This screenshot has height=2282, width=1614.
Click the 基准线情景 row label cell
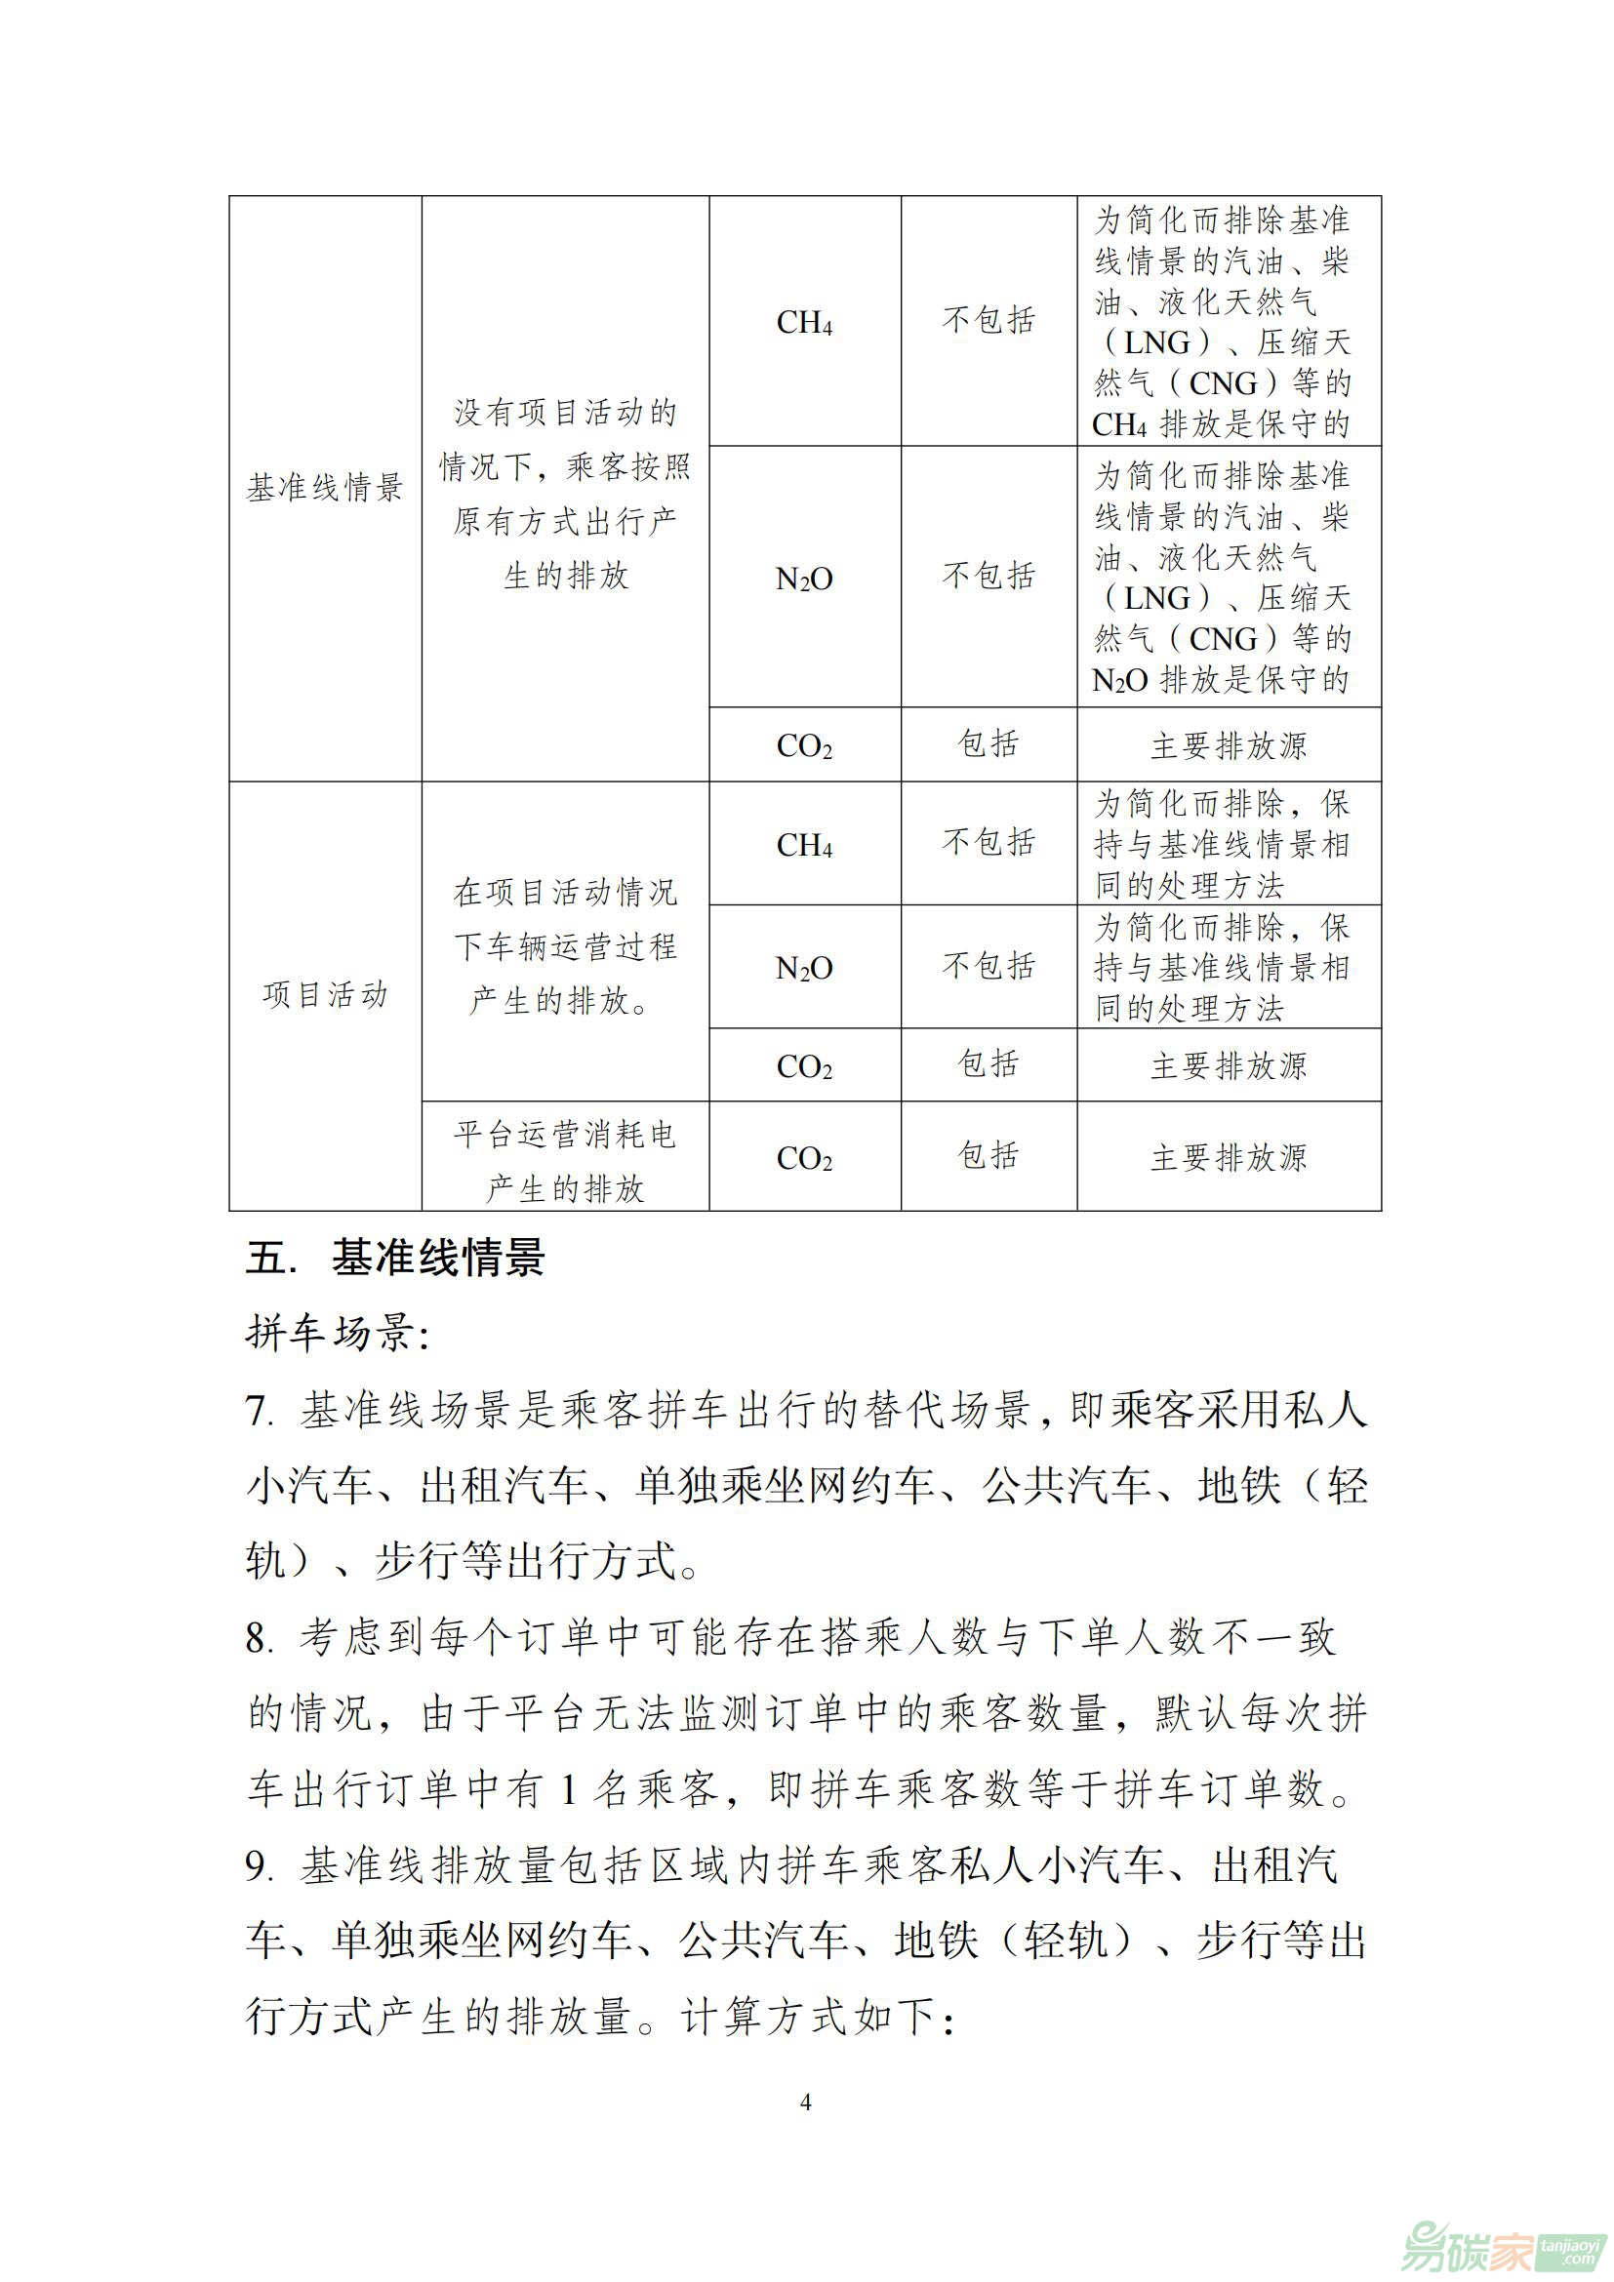click(325, 488)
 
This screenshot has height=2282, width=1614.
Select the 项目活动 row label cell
click(325, 995)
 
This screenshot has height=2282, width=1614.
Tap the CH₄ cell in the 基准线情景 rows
click(804, 322)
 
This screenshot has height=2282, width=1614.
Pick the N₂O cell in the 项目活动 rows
click(804, 967)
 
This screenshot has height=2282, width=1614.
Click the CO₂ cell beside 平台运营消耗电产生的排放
click(804, 1158)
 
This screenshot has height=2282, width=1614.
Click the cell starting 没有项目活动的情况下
click(564, 494)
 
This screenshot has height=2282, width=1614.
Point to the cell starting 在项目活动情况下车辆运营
click(564, 946)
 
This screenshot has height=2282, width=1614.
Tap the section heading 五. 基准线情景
click(395, 1259)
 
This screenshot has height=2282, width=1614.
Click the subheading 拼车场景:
click(337, 1333)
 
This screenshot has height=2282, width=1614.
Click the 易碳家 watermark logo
click(1501, 2243)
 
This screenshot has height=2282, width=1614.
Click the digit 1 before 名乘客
click(569, 1791)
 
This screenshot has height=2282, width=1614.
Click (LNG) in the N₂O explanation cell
click(1158, 598)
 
